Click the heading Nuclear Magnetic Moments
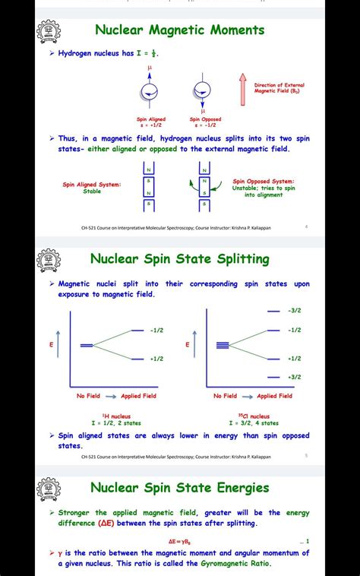click(179, 30)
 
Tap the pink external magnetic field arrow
click(243, 90)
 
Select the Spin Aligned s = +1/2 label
click(150, 122)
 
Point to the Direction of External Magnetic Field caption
click(279, 88)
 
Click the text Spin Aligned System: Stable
click(91, 187)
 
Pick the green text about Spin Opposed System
click(264, 188)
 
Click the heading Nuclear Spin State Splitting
click(179, 259)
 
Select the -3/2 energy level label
click(295, 311)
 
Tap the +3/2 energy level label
click(295, 377)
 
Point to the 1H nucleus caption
click(116, 419)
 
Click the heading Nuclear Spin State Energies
click(179, 487)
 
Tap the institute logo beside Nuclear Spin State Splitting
click(49, 260)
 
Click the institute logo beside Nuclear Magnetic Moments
click(49, 31)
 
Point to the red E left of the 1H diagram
click(52, 344)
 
